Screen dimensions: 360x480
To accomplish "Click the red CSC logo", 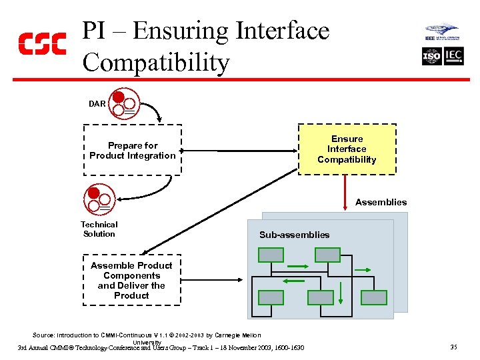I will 41,44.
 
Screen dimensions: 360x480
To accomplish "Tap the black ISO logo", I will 431,56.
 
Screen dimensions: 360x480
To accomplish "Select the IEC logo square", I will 453,56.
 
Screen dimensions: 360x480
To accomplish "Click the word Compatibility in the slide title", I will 156,63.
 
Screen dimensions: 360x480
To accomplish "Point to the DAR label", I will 97,104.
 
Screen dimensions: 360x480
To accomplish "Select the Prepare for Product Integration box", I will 132,151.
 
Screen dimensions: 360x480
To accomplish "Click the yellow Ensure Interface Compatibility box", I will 347,149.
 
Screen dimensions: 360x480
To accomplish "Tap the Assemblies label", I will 381,202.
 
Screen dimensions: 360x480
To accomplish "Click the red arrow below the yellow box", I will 345,193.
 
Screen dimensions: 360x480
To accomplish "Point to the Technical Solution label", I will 99,229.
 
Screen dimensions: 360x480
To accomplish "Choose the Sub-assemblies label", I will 294,235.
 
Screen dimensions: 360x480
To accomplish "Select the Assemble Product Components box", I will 131,281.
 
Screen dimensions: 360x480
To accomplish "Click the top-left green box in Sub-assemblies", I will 271,255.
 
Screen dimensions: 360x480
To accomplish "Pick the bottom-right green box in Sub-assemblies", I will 374,297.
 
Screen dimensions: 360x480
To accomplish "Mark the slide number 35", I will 453,347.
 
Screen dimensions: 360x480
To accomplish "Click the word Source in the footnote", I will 44,335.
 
